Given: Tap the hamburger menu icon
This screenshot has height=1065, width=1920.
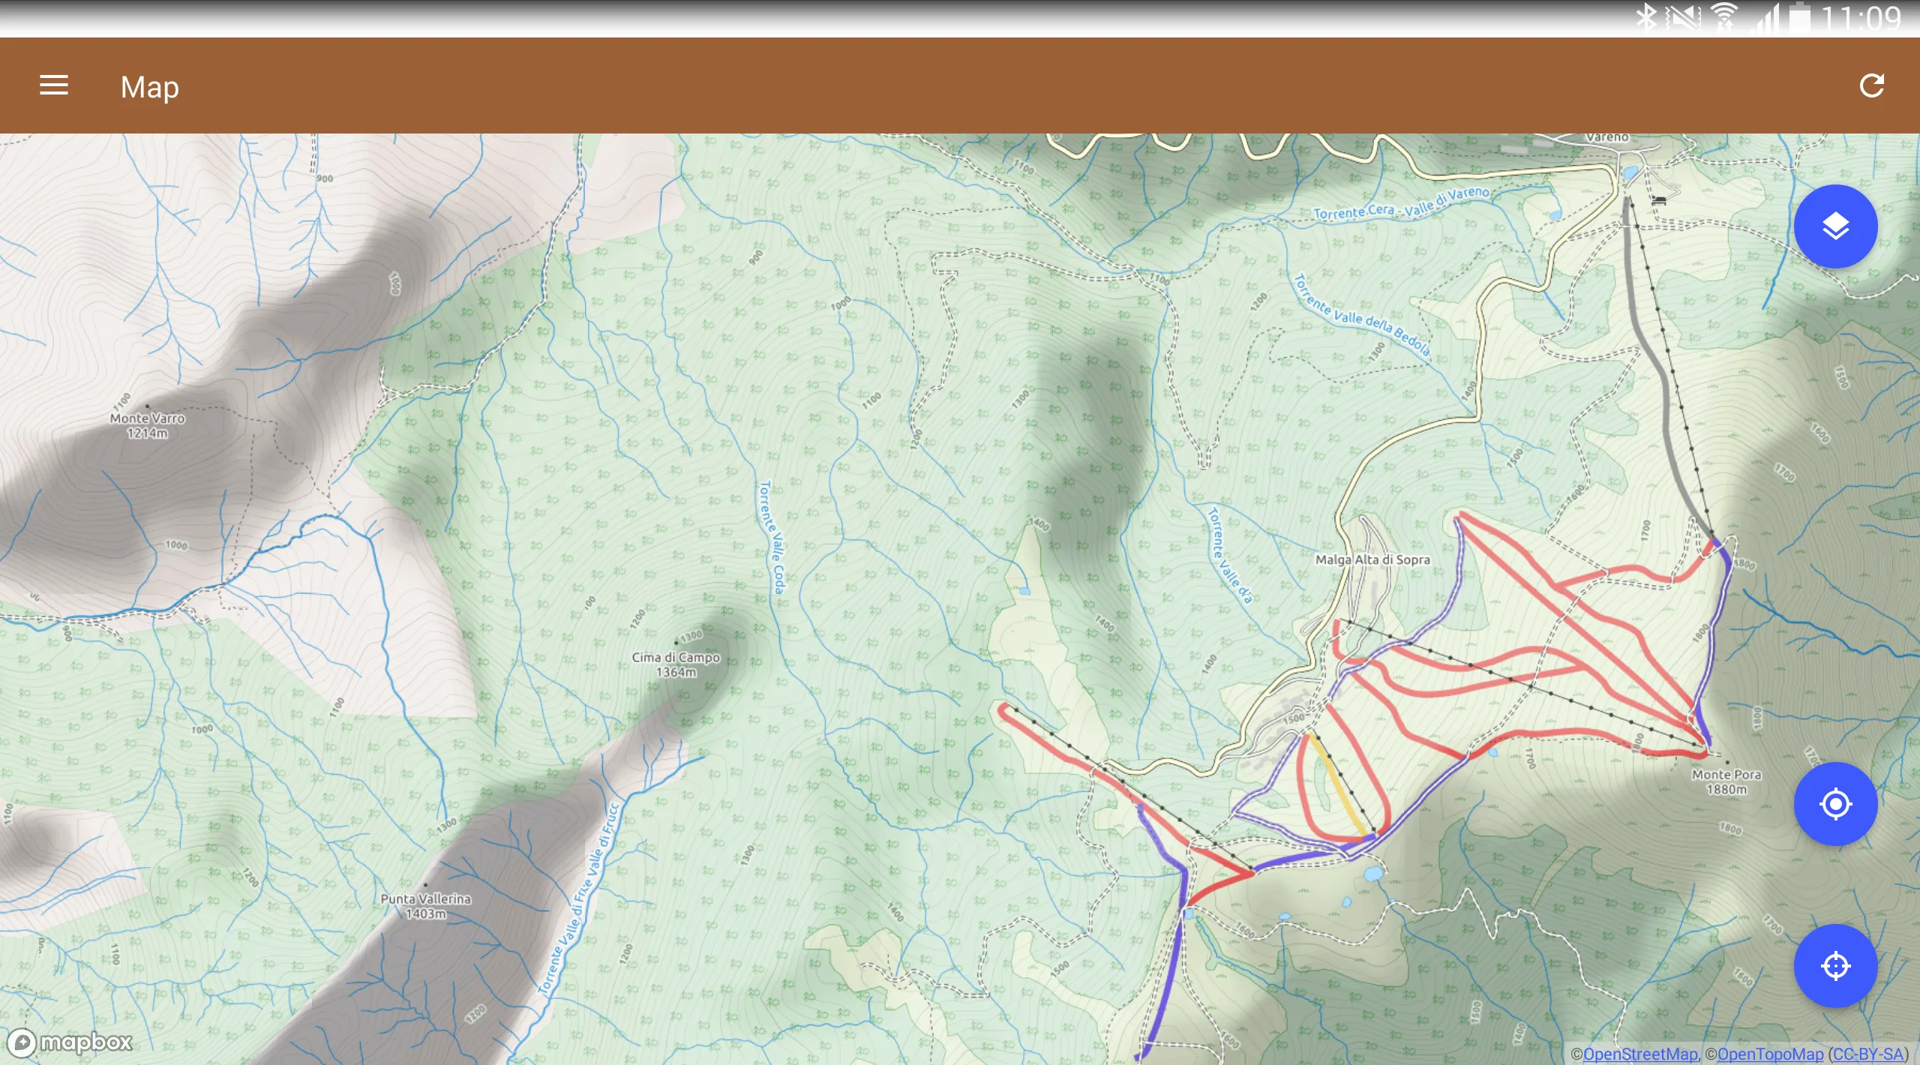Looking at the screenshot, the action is click(x=54, y=85).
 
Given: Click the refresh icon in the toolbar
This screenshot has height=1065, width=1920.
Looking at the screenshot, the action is click(x=1871, y=85).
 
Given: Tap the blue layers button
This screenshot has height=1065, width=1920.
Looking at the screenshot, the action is click(x=1835, y=226).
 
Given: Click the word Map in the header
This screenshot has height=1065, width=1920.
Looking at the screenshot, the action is click(x=150, y=87).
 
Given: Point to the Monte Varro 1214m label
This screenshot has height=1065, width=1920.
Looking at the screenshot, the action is click(x=147, y=425).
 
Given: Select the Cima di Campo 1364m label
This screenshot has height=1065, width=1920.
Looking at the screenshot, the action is click(x=676, y=664).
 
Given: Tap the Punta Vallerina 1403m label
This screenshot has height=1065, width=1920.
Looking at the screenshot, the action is click(x=425, y=906).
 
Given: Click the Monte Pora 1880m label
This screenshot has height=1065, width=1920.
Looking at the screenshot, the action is click(x=1726, y=781).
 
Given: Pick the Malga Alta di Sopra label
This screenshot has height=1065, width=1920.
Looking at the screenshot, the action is click(x=1372, y=559).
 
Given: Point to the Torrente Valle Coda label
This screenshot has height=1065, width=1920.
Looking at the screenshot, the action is click(x=772, y=537).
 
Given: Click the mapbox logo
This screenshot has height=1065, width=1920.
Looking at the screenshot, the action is click(x=72, y=1042).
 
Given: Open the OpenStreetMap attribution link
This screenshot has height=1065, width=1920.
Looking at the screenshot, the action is click(x=1639, y=1054).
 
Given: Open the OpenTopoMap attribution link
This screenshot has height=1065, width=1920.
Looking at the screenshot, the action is click(x=1769, y=1054).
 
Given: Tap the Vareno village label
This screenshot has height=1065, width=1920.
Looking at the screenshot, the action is click(x=1606, y=137).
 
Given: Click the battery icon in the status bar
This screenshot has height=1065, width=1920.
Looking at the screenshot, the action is click(x=1799, y=18).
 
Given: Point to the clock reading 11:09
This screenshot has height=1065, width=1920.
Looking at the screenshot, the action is click(x=1861, y=18).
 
